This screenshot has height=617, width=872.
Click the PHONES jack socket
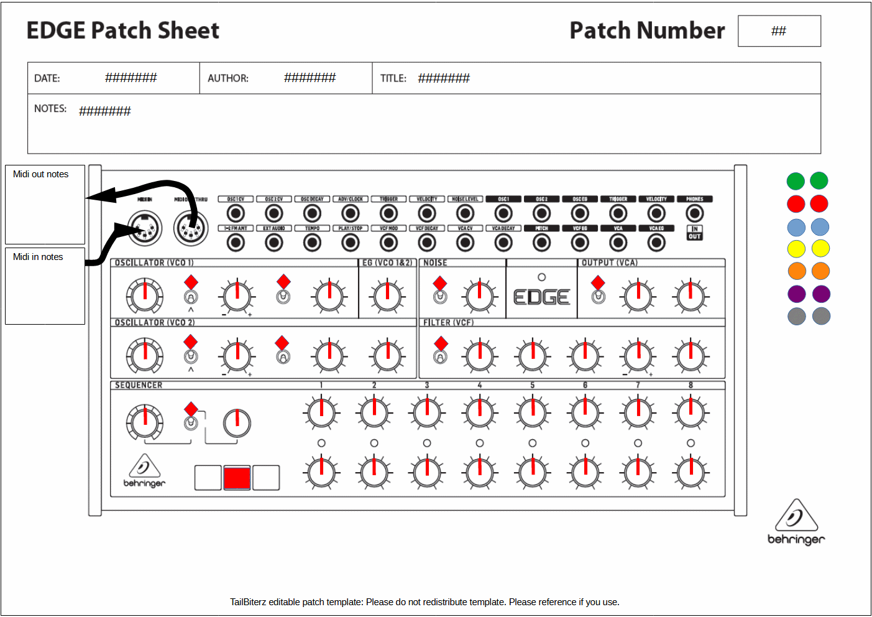pos(694,213)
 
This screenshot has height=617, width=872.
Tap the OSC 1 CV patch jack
pos(236,213)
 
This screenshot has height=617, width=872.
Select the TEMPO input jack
pos(312,243)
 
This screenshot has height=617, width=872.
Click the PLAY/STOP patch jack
pos(351,243)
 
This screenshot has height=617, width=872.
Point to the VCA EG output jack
pos(656,243)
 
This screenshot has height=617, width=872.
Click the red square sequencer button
pos(237,478)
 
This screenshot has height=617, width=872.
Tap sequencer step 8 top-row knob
pos(691,412)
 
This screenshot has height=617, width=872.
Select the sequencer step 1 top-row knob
pos(321,412)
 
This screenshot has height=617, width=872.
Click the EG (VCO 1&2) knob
pos(387,296)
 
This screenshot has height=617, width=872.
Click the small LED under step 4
pos(480,443)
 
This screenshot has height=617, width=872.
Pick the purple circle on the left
pos(797,294)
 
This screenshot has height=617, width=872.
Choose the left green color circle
pos(796,181)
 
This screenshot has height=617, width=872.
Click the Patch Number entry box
pos(779,31)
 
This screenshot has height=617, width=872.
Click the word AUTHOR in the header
pos(228,78)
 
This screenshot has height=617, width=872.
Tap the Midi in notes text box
pos(45,286)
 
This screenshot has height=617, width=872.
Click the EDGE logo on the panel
pos(541,297)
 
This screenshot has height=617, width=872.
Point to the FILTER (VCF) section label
pos(448,323)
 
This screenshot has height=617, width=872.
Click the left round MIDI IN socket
pos(145,228)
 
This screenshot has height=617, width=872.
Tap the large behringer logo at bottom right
pos(796,522)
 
